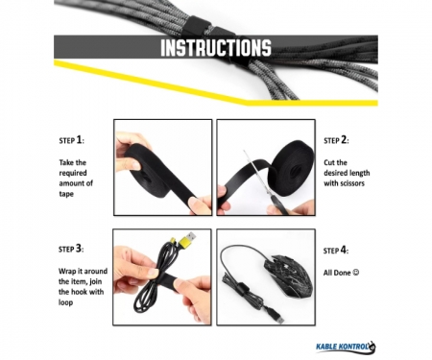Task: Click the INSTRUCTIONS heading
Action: point(216,48)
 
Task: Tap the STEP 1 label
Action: point(72,140)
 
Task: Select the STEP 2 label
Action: point(336,140)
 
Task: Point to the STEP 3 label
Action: point(71,249)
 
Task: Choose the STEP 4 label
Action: point(336,251)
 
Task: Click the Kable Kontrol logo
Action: point(346,347)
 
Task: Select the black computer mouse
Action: point(287,276)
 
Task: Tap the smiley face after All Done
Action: point(355,273)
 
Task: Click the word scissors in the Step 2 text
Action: point(351,183)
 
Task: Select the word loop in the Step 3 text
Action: point(65,302)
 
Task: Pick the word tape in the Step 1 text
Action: point(66,194)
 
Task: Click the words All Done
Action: point(337,273)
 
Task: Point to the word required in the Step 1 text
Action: point(73,174)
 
